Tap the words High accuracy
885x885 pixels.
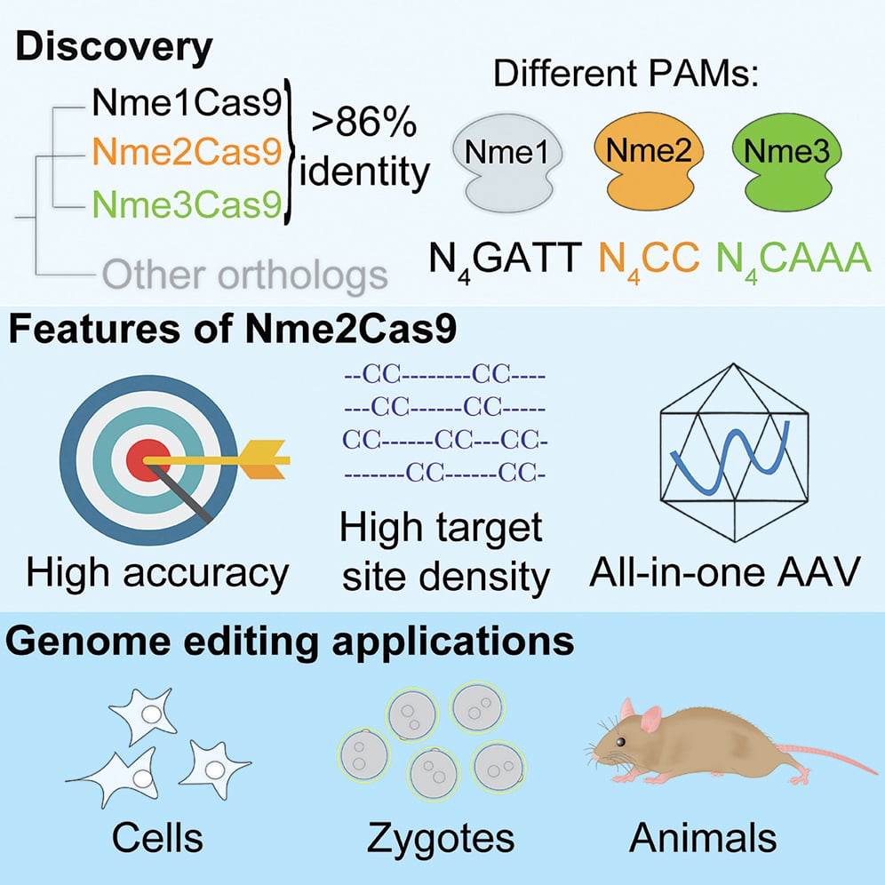point(157,574)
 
